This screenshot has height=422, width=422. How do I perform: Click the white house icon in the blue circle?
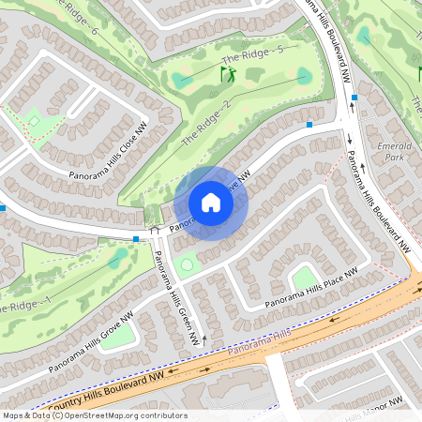tap(211, 203)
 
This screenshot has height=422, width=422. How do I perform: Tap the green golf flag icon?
tap(226, 72)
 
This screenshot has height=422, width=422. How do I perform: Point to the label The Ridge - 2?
tap(205, 122)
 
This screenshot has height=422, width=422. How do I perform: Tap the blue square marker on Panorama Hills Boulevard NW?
tap(355, 98)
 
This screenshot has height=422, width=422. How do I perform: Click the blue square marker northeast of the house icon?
tap(309, 124)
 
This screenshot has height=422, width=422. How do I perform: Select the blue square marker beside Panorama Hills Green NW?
tap(137, 239)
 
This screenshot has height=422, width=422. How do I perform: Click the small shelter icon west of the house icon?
tap(155, 229)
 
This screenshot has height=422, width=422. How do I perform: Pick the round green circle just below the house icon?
tap(188, 265)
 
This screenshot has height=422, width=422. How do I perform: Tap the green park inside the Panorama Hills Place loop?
tap(303, 277)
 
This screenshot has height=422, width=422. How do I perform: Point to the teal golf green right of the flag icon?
tap(304, 75)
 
